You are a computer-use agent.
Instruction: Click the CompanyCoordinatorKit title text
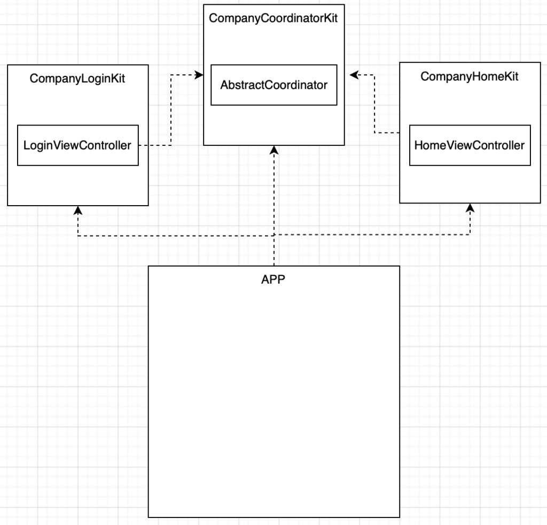(273, 19)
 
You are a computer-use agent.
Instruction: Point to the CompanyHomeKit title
(469, 77)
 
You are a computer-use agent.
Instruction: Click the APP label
(273, 279)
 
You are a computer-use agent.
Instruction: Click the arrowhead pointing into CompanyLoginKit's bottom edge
(78, 210)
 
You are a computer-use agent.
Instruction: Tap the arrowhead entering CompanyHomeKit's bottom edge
(470, 208)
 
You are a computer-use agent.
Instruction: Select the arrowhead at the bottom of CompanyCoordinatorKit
(274, 150)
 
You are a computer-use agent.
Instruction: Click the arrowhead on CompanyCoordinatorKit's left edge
(199, 75)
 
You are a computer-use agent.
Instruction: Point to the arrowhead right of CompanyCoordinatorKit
(354, 75)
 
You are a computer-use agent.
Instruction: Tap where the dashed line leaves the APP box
(274, 266)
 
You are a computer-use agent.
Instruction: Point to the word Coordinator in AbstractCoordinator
(294, 85)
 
